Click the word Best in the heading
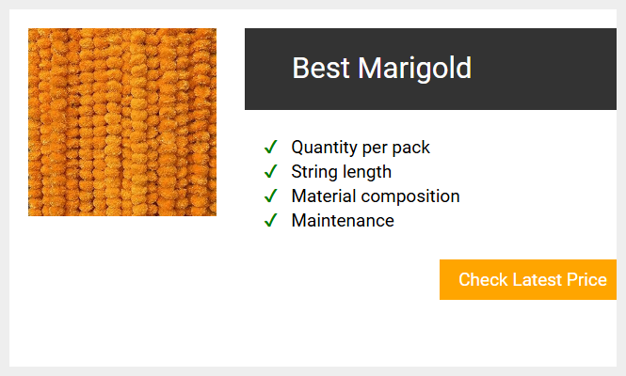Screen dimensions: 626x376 click(321, 68)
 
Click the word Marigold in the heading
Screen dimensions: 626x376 click(414, 70)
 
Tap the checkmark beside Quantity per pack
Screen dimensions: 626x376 click(271, 147)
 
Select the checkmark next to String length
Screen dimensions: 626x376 click(271, 171)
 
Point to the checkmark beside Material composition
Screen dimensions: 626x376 click(271, 196)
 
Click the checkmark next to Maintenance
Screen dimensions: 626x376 click(271, 220)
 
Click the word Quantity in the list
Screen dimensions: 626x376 click(324, 148)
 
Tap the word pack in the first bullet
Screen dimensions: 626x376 click(410, 148)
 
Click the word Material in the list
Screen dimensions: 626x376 click(324, 196)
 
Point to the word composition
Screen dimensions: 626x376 click(410, 197)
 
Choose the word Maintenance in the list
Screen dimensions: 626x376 click(343, 221)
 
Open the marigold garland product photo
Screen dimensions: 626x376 click(122, 122)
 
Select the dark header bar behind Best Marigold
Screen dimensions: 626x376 click(430, 69)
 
